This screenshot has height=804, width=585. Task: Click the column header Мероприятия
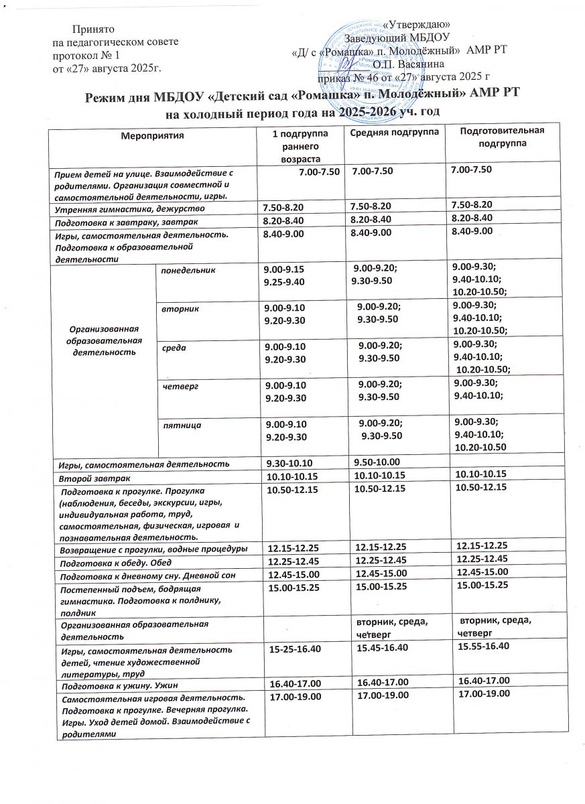[152, 135]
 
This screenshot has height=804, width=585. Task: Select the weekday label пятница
[182, 424]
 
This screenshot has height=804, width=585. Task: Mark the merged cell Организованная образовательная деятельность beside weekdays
[103, 340]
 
